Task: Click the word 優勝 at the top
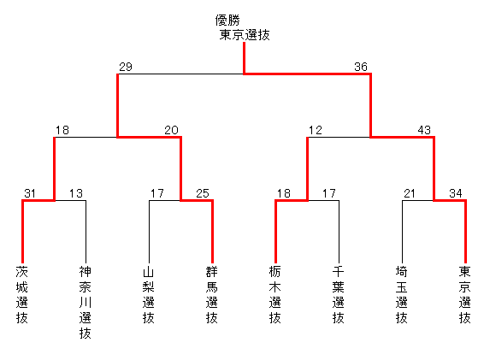coord(227,21)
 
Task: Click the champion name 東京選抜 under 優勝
coord(245,34)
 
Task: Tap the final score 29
coord(126,67)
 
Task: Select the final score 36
coord(361,67)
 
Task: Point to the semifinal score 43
coord(424,130)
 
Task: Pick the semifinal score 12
coord(316,130)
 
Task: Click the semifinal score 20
coord(171,130)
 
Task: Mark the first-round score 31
coord(30,193)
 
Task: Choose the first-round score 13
coord(76,193)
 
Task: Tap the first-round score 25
coord(203,193)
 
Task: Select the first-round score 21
coord(410,193)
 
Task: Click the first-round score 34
coord(456,193)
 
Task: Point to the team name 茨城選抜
coord(22,294)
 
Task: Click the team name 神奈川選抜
coord(86,302)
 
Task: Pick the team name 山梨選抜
coord(149,294)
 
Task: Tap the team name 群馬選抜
coord(212,294)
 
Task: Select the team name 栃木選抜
coord(275,294)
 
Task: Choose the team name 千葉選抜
coord(339,294)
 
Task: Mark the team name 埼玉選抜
coord(402,294)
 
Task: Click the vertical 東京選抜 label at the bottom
coord(465,294)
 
